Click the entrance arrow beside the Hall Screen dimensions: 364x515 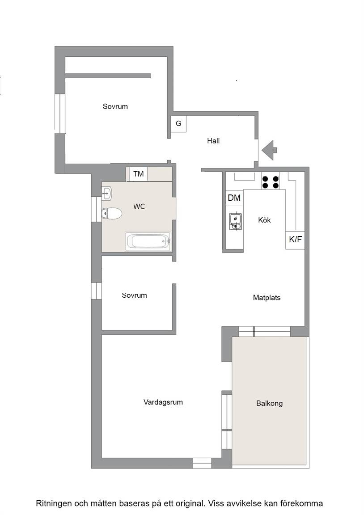pos(269,150)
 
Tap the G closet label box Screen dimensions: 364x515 pos(178,124)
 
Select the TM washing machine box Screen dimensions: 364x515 pos(138,174)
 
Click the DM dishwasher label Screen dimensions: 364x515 pos(234,198)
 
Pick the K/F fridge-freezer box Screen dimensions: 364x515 pos(295,240)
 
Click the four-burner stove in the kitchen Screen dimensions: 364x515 pos(271,182)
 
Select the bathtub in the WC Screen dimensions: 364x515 pos(148,241)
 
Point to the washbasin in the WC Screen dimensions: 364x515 pos(107,194)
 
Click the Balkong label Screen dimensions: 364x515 pos(269,403)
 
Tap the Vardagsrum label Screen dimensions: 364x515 pos(163,402)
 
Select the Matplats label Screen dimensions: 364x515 pos(267,298)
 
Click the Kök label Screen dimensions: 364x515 pos(264,220)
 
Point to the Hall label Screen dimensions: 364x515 pos(213,141)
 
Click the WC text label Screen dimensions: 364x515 pos(139,207)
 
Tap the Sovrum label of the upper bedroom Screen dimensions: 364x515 pos(115,106)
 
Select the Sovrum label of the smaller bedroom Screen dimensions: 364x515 pos(134,295)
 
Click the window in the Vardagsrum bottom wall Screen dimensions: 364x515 pos(202,463)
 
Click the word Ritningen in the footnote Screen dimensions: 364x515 pos(53,503)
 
